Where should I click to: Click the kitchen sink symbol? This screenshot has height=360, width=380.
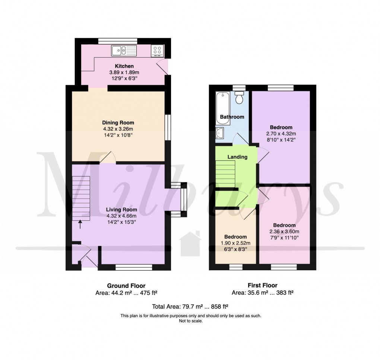click(124, 50)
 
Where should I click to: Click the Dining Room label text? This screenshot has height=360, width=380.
click(118, 122)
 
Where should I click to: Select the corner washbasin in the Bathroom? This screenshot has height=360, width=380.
click(219, 133)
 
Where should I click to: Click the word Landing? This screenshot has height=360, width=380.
click(238, 157)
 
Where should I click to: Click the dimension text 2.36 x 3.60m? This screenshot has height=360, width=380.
click(284, 232)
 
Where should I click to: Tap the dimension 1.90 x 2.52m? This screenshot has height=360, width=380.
click(235, 243)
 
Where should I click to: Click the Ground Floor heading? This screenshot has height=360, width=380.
click(121, 286)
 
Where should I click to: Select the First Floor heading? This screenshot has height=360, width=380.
click(263, 286)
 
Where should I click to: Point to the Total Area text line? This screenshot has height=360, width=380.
click(190, 307)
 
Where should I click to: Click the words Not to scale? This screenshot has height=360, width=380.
click(190, 321)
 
